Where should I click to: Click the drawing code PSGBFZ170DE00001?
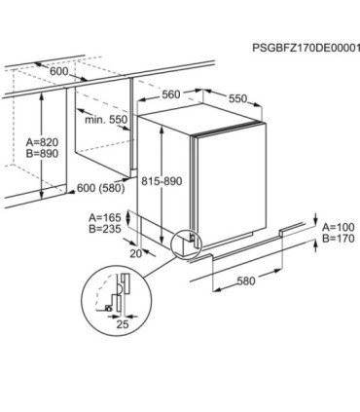pos(306,48)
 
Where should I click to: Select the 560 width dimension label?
pos(171,94)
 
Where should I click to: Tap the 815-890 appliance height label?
pos(162,181)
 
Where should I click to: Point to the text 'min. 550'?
pos(106,120)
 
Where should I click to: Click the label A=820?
pos(43,142)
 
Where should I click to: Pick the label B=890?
pos(43,154)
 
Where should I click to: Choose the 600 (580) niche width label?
pos(100,188)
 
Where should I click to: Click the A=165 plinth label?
pos(105,217)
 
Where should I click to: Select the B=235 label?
pos(105,229)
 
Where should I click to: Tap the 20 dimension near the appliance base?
pos(136,253)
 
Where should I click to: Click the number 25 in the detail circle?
pos(123,324)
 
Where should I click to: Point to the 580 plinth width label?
pos(246,281)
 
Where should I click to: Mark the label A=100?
pos(339,227)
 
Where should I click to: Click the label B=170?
pos(339,239)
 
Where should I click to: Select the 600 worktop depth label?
pos(59,71)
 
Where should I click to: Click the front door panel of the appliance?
pos(231,185)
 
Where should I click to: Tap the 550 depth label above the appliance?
pos(237,98)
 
